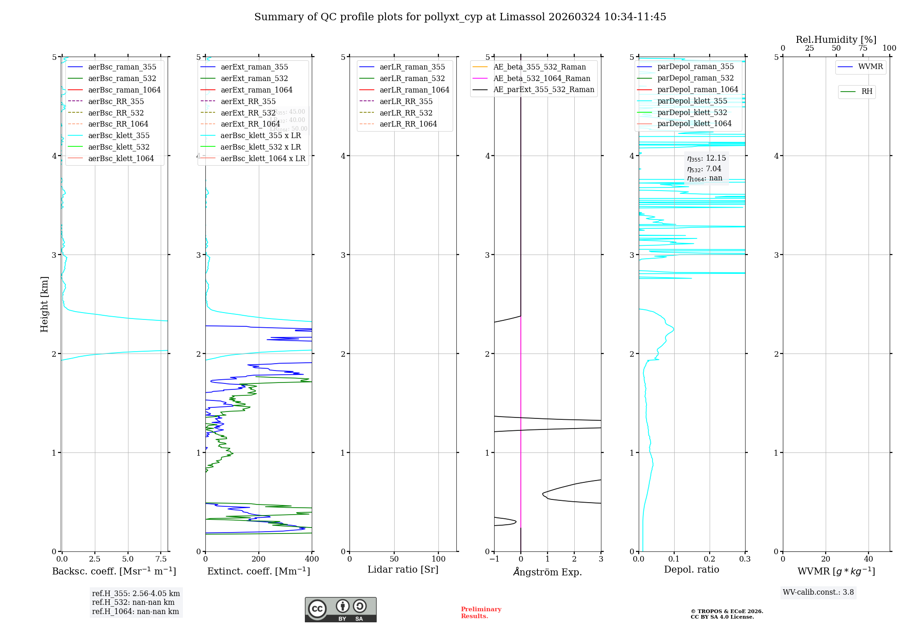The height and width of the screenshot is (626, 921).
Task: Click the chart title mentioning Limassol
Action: click(460, 17)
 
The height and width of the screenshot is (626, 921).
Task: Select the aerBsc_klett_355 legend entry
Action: click(118, 135)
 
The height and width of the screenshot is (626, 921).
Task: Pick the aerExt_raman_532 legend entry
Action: click(254, 78)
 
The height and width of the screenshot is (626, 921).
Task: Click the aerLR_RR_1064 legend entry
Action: click(408, 124)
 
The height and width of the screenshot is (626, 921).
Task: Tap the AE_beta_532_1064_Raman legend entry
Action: click(542, 78)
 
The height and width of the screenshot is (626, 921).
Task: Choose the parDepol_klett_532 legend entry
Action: click(692, 112)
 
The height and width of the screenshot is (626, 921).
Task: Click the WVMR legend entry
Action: click(870, 67)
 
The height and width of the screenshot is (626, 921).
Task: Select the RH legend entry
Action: click(867, 92)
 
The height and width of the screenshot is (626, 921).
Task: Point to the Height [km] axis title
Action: click(44, 304)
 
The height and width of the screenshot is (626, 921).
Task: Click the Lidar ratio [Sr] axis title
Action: click(403, 569)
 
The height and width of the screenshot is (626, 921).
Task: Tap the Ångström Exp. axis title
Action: click(548, 572)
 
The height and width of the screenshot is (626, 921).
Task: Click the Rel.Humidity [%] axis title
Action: click(836, 40)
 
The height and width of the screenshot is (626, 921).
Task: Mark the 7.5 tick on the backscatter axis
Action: click(161, 559)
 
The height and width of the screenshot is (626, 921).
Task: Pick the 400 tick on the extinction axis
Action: click(312, 559)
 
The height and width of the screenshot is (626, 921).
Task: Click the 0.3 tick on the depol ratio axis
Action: click(745, 559)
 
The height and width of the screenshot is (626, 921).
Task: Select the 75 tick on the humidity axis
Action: click(863, 48)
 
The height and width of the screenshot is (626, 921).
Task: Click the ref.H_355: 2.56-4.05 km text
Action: click(136, 594)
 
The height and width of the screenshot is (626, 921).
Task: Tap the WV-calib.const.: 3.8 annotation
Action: click(818, 592)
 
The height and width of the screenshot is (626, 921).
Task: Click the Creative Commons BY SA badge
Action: click(340, 609)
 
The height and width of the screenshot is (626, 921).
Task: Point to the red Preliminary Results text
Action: click(481, 613)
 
